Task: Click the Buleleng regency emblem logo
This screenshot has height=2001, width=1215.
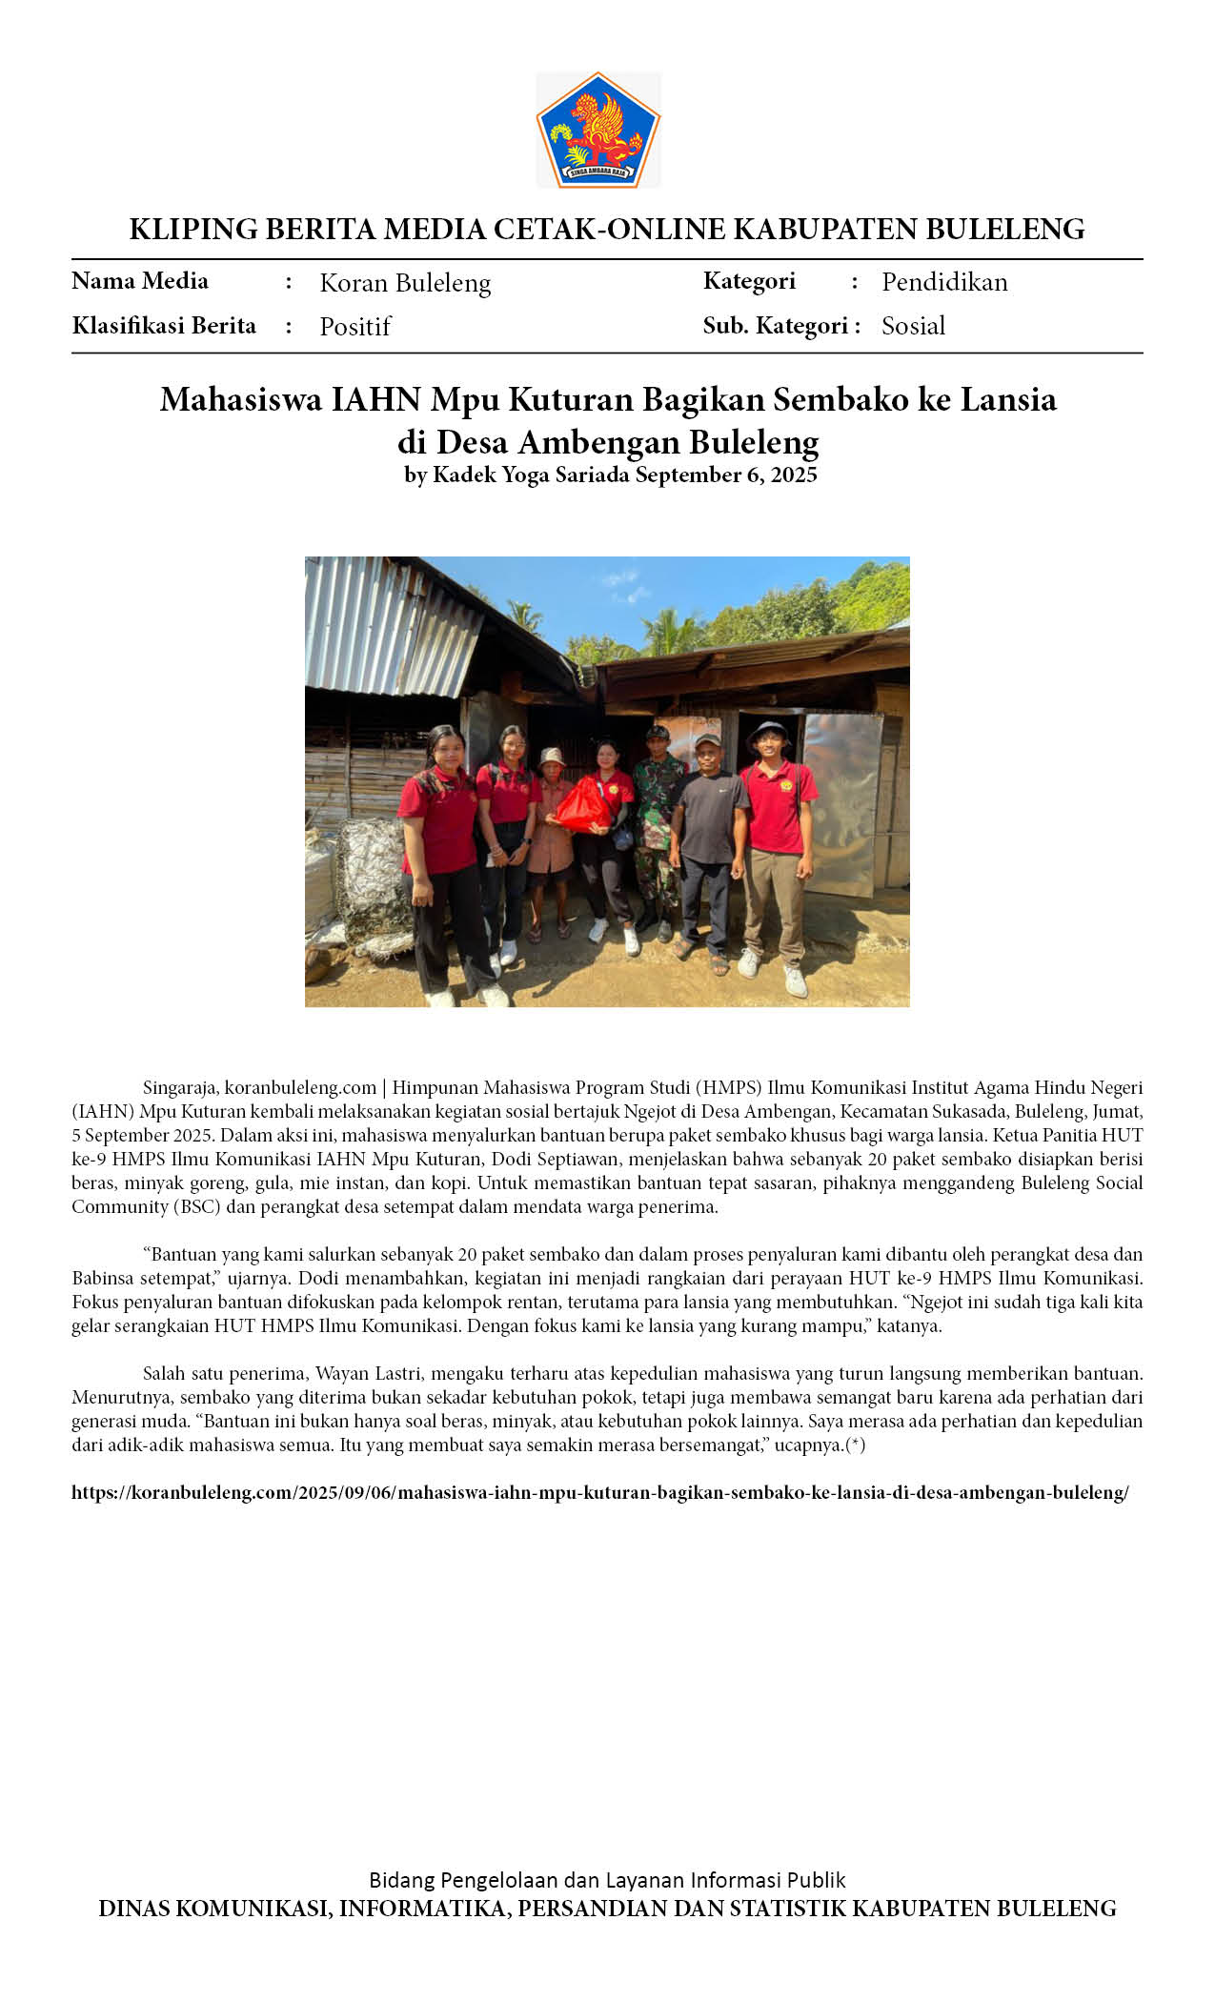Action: (598, 130)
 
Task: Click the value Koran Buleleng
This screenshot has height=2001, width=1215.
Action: (405, 283)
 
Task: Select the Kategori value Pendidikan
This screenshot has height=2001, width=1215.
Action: (944, 282)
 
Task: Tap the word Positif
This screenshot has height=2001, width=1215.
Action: (355, 327)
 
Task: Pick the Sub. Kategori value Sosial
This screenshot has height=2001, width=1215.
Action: (913, 326)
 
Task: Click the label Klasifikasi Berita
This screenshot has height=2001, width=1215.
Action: (164, 326)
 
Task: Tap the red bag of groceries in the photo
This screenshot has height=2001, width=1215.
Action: (582, 803)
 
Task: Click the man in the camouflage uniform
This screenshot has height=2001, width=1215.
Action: (658, 819)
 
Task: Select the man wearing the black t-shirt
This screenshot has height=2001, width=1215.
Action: (710, 839)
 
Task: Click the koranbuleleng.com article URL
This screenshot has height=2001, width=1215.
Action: (600, 1493)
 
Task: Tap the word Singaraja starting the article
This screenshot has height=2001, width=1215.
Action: (181, 1088)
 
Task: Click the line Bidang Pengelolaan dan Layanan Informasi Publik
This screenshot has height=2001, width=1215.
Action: (607, 1880)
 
